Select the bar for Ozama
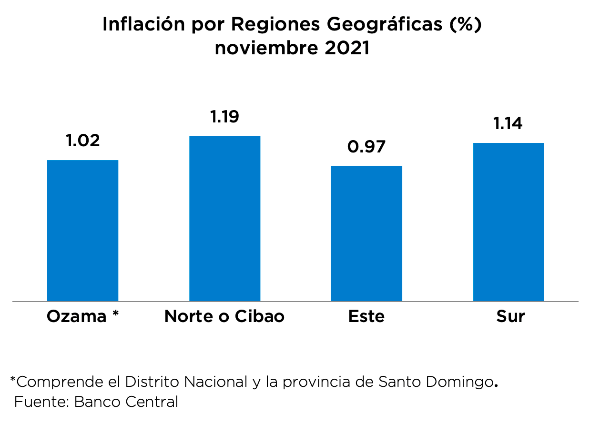click(x=83, y=231)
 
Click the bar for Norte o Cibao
click(x=224, y=219)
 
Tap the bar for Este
click(x=366, y=233)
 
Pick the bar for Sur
click(x=509, y=222)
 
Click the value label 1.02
click(x=83, y=141)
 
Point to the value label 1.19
click(x=224, y=117)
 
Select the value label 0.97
click(x=366, y=147)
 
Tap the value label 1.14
click(x=508, y=124)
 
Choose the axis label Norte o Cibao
click(x=224, y=317)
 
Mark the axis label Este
click(x=366, y=317)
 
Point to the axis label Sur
click(x=510, y=317)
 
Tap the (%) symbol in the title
click(x=465, y=25)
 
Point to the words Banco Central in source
click(x=126, y=402)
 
